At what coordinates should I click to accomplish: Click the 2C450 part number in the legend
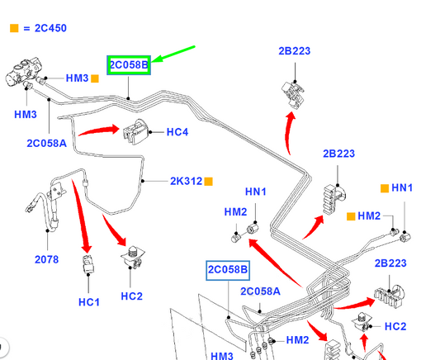point(50,28)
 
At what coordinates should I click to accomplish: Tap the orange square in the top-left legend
point(14,28)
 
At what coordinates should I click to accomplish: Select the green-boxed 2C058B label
point(129,65)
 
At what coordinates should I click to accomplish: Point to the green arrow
point(173,54)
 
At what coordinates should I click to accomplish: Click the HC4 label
point(177,132)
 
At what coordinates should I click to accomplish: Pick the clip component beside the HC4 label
point(135,131)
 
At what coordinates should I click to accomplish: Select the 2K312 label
point(186,182)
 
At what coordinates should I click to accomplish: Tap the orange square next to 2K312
point(209,182)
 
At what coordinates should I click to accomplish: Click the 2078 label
point(46,259)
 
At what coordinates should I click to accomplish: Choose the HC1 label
point(89,302)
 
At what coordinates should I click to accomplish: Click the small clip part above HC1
point(88,264)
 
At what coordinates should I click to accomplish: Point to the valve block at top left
point(23,72)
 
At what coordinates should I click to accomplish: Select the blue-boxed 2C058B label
point(228,270)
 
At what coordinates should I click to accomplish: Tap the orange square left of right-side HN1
point(385,188)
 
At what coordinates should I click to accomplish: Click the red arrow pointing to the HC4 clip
point(99,130)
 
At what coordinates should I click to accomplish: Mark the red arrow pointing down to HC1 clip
point(82,216)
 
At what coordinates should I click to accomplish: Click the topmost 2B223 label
point(295,51)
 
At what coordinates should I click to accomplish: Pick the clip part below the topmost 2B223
point(293,94)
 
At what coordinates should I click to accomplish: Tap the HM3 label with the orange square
point(77,78)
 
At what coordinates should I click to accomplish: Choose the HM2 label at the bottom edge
point(297,340)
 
